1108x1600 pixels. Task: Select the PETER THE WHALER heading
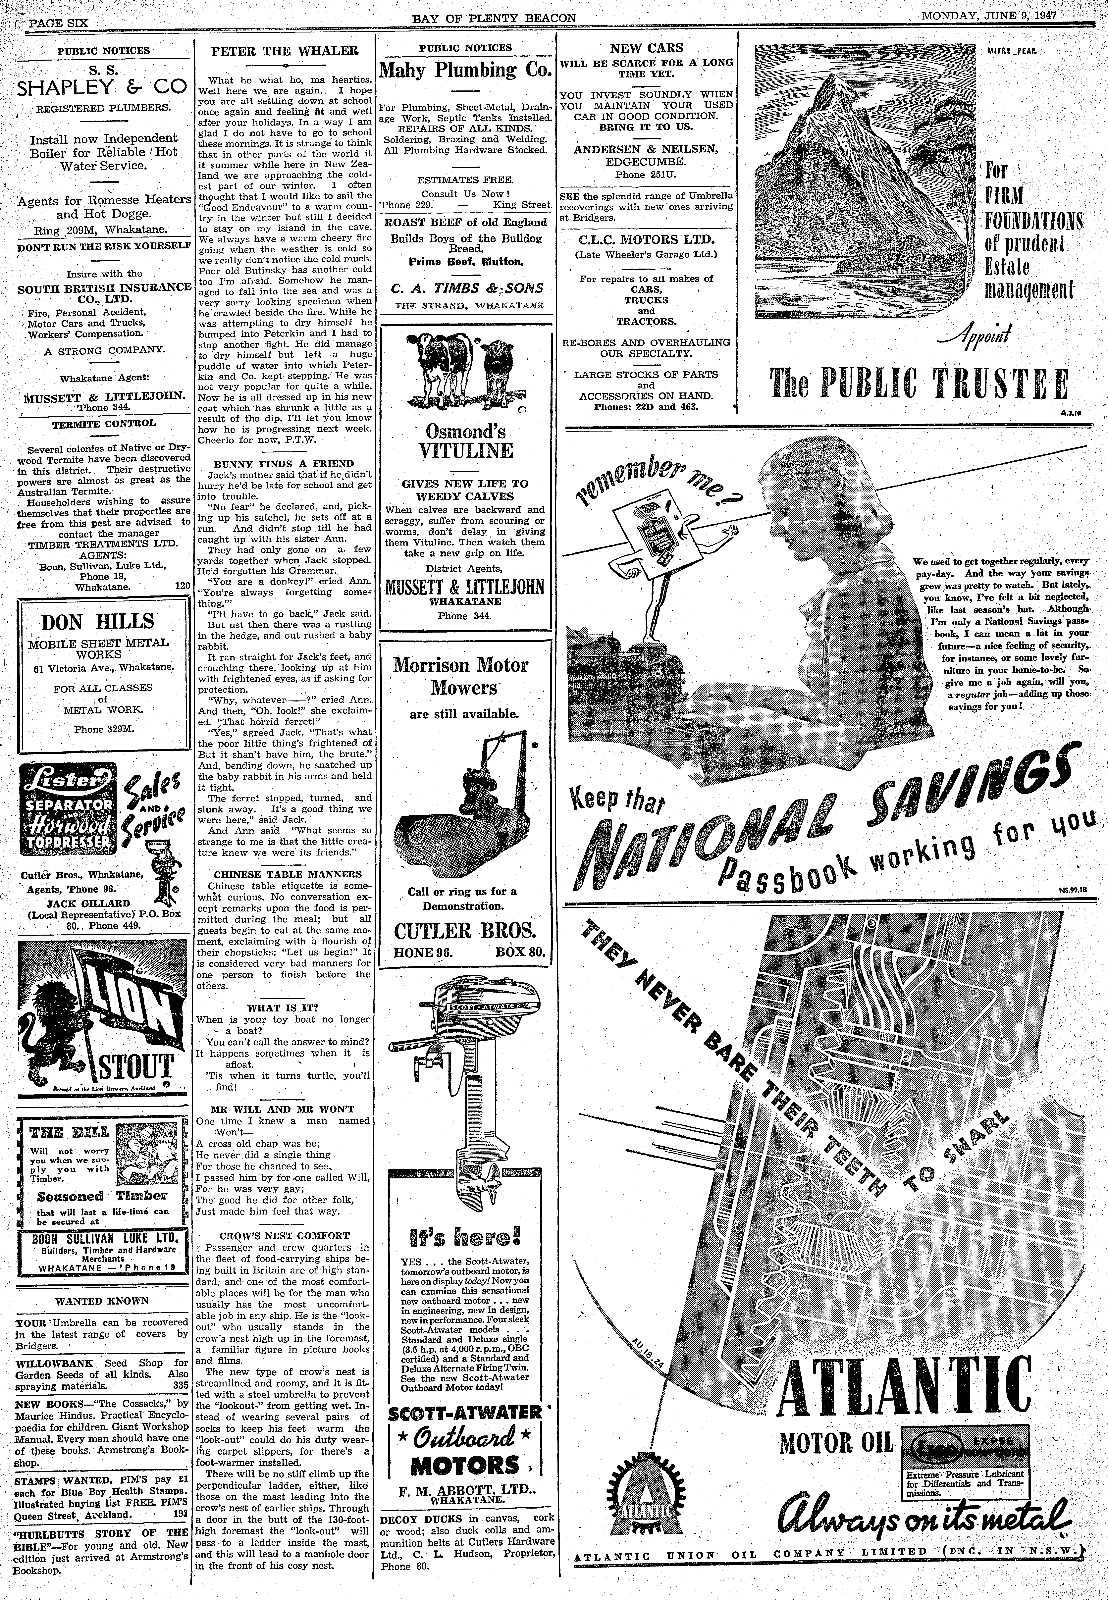(x=285, y=51)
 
